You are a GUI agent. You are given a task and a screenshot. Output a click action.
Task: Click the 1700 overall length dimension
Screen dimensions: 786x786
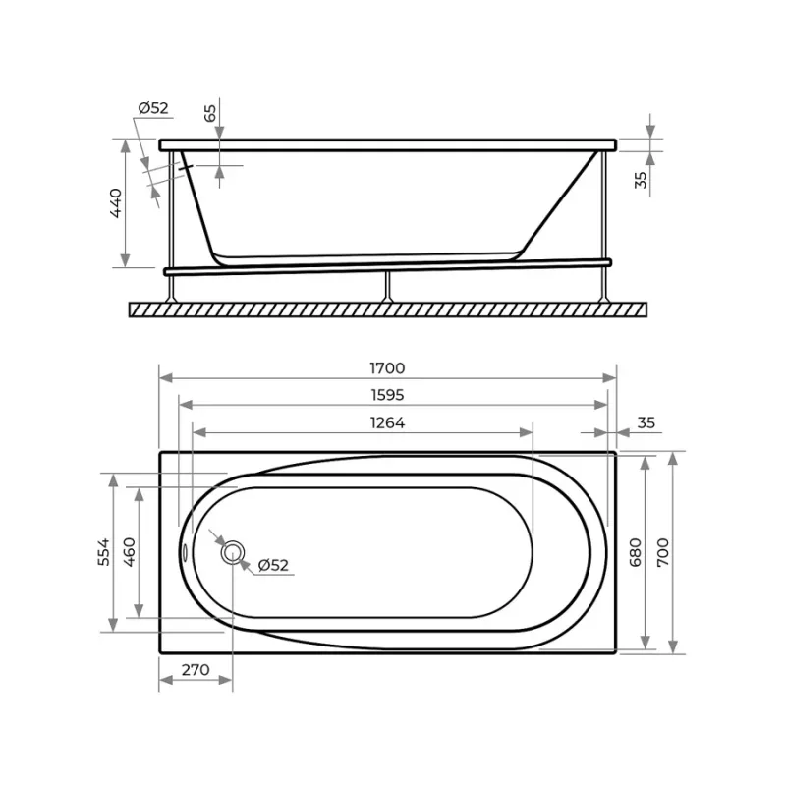pos(387,368)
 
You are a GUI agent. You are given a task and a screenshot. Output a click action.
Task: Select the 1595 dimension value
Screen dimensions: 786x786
pos(387,396)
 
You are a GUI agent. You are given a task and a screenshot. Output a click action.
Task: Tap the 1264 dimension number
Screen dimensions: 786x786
pos(387,423)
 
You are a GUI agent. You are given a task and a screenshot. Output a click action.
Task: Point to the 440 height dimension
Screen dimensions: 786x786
pos(116,203)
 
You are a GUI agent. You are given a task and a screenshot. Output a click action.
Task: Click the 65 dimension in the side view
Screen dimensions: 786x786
pos(210,113)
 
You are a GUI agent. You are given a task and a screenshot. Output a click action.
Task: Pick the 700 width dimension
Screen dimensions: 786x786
pos(662,552)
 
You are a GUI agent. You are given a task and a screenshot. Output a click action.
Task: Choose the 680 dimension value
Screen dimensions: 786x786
pos(635,552)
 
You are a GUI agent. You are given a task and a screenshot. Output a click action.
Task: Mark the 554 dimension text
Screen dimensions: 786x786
pos(104,552)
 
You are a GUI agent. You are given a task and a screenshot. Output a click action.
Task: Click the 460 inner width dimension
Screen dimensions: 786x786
pos(130,552)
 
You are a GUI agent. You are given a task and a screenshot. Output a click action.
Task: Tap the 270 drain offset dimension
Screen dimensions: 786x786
pos(196,670)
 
